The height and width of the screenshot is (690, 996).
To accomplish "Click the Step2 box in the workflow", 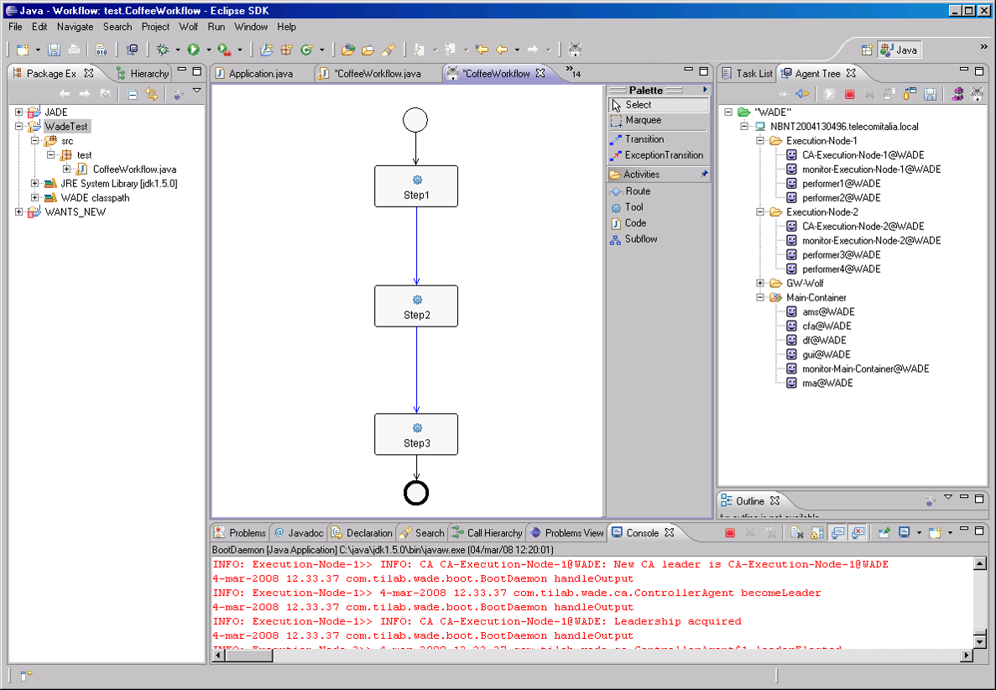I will coord(416,306).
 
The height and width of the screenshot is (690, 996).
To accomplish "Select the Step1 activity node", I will coord(416,186).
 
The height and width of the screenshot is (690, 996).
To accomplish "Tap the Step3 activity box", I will coord(416,434).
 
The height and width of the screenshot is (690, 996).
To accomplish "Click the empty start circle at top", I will coord(415,120).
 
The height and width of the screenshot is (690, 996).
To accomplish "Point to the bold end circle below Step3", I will coord(416,493).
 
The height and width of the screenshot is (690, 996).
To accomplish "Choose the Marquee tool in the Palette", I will coord(643,120).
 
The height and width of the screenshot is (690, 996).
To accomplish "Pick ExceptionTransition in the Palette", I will coord(663,155).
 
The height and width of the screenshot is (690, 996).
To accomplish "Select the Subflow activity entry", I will coord(640,239).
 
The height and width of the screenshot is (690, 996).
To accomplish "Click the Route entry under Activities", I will coord(637,191).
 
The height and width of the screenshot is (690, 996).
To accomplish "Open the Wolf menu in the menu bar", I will coord(188,27).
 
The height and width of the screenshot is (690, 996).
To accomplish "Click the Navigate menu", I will coord(76,27).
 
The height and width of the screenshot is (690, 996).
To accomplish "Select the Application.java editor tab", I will coord(260,74).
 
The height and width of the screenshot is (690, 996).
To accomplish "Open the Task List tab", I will coord(754,74).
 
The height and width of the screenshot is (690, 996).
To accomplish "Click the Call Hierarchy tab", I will coord(493,533).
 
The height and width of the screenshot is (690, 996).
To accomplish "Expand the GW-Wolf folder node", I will coord(760,283).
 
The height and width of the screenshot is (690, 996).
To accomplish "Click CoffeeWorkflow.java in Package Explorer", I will coord(134,170).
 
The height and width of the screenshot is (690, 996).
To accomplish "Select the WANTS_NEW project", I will coord(75,212).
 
